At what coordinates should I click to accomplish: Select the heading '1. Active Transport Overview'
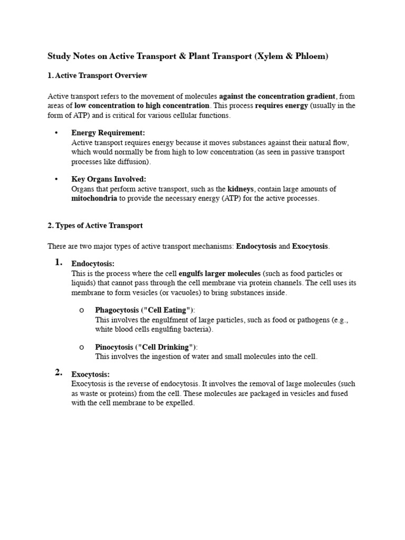(98, 75)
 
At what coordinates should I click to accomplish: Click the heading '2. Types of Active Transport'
(95, 225)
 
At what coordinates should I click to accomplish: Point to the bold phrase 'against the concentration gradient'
(277, 96)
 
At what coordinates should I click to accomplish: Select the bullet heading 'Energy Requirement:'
(108, 133)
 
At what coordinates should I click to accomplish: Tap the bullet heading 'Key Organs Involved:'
(109, 179)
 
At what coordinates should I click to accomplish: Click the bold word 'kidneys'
(240, 189)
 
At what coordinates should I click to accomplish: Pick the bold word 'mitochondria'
(94, 199)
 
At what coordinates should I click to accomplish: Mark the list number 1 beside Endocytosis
(59, 263)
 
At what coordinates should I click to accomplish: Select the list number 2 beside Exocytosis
(59, 373)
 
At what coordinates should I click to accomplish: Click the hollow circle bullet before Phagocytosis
(82, 310)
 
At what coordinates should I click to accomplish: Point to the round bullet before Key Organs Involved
(56, 179)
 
